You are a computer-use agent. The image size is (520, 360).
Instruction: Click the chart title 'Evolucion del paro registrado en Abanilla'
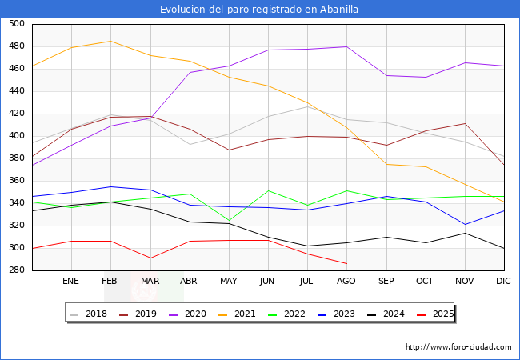[259, 10]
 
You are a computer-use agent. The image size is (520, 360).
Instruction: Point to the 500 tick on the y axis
[15, 24]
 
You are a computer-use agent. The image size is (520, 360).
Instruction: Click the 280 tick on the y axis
[15, 270]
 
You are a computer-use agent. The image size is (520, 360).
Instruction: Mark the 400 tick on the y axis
[15, 136]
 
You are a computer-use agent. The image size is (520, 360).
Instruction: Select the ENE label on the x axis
[70, 282]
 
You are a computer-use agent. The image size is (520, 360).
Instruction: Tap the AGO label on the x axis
[346, 282]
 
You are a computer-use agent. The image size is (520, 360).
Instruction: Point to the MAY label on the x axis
[229, 282]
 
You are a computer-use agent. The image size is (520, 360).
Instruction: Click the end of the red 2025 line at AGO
[346, 263]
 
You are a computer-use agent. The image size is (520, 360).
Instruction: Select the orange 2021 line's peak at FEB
[110, 41]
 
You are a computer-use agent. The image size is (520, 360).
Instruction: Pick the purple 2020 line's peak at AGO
[346, 46]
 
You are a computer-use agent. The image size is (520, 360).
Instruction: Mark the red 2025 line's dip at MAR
[150, 258]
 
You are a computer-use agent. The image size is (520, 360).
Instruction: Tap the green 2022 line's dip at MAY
[229, 221]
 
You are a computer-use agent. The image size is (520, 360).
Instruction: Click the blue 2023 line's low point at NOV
[464, 225]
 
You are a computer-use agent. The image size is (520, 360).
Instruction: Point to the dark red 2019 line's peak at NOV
[464, 123]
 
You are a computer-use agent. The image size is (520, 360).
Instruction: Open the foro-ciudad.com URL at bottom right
[458, 347]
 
